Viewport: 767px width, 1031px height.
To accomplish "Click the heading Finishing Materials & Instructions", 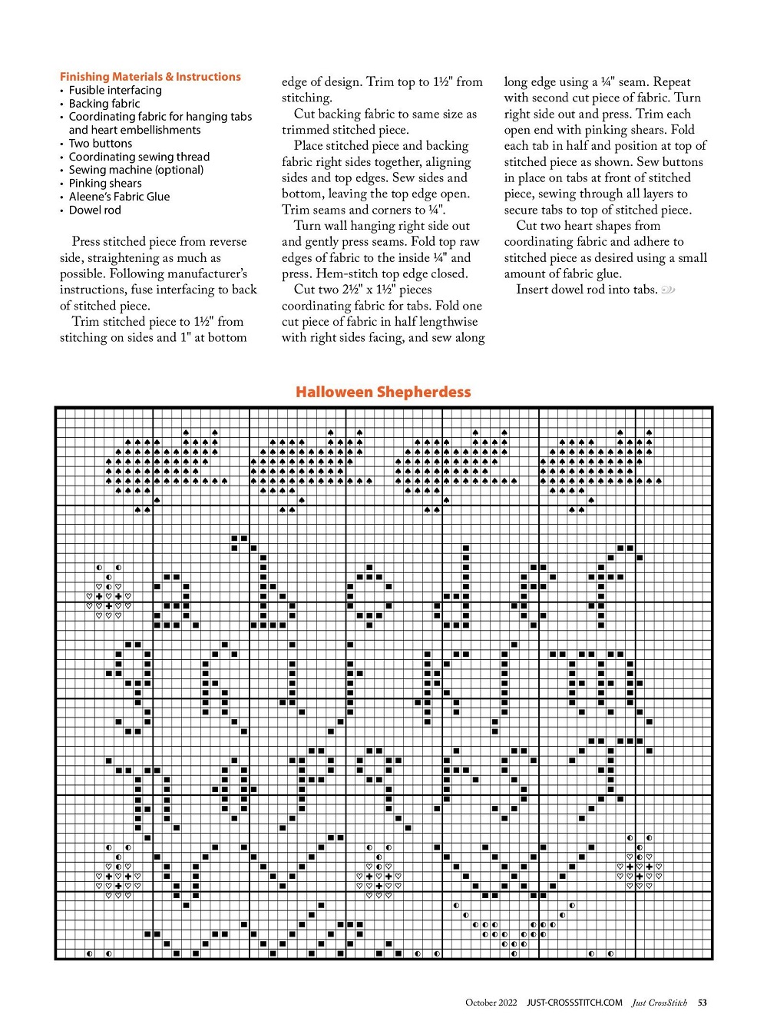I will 150,77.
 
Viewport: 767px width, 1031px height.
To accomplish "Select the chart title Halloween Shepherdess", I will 383,392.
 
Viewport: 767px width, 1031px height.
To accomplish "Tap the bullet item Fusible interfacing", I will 115,90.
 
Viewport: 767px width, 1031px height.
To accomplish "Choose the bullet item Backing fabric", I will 104,104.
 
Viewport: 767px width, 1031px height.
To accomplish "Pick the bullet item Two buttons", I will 101,144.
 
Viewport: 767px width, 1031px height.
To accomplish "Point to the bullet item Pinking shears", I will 105,184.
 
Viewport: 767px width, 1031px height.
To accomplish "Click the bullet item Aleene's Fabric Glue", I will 119,197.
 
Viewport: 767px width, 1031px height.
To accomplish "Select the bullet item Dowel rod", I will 94,210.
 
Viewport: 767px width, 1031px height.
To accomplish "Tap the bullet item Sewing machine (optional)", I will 136,170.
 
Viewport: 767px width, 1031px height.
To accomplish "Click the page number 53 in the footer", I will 703,1003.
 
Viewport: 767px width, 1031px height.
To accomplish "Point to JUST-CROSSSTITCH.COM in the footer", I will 574,1003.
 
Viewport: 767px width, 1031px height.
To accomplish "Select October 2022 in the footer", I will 491,1003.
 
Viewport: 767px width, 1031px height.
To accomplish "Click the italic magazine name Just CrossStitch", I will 660,1003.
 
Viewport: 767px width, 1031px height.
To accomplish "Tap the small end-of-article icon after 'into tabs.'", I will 668,290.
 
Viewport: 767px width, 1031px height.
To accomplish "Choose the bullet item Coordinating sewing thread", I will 139,157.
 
